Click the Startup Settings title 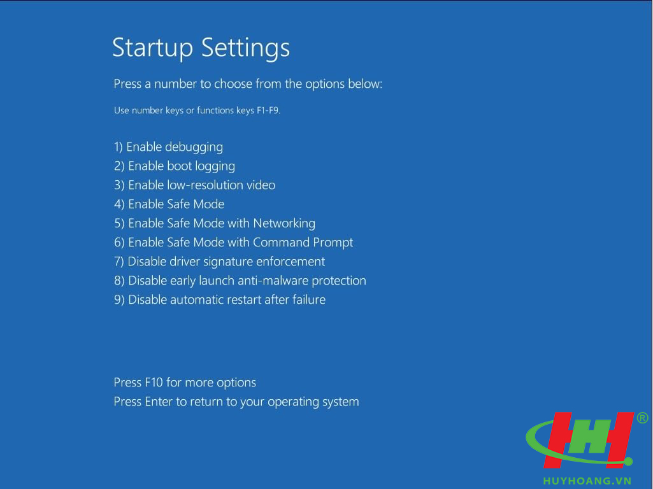click(x=201, y=48)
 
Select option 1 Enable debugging click(x=168, y=147)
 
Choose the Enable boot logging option click(x=175, y=166)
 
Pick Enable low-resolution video click(x=194, y=185)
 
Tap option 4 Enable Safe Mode click(x=169, y=204)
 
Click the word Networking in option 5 click(x=284, y=223)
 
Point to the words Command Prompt click(x=303, y=243)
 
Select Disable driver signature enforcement click(x=219, y=262)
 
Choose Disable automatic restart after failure click(x=219, y=300)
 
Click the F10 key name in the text click(x=154, y=383)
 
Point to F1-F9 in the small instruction click(x=268, y=111)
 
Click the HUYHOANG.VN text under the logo click(x=587, y=481)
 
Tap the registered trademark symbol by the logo click(x=643, y=418)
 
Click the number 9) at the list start click(x=119, y=300)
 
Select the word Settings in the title click(x=245, y=48)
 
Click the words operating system click(x=313, y=402)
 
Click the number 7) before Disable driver click(x=118, y=262)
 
